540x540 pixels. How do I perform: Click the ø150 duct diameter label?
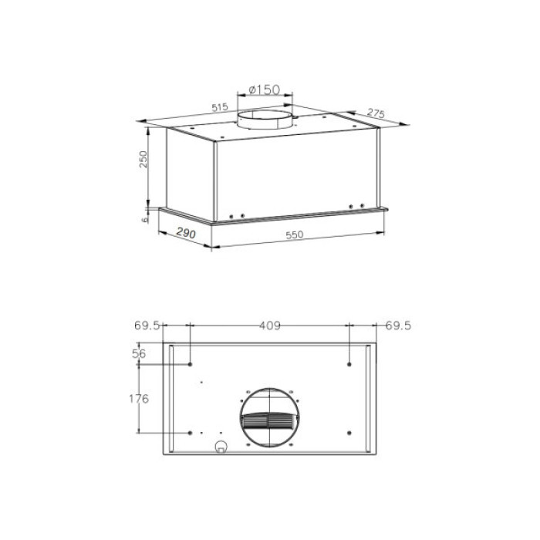click(263, 90)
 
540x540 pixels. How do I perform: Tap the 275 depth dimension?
click(376, 113)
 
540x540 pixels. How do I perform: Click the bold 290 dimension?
click(185, 232)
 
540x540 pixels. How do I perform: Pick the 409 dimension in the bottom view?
click(268, 326)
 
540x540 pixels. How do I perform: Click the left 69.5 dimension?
click(147, 326)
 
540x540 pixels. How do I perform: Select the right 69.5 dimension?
click(399, 326)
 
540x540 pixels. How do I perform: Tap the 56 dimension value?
click(140, 353)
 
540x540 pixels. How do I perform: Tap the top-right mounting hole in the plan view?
click(349, 363)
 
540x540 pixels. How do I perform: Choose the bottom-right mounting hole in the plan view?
click(349, 432)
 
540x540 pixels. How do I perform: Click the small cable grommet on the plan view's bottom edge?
click(221, 447)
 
